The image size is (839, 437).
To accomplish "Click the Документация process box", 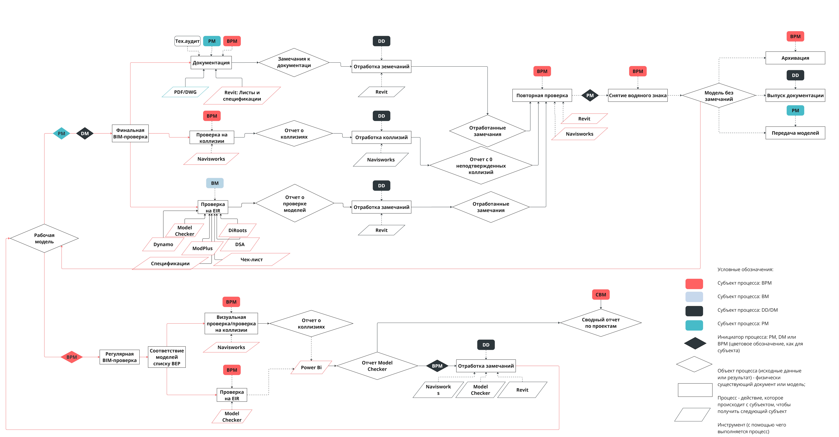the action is point(211,63).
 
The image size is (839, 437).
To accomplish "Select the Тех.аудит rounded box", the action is point(187,41).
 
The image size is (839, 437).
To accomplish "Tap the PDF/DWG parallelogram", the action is point(185,92).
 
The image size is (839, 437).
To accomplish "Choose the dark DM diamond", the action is point(85,133).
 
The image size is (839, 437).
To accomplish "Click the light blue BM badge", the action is point(215,183).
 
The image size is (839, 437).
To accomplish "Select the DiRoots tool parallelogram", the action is point(237,230).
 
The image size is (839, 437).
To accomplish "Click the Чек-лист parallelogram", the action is point(251,260).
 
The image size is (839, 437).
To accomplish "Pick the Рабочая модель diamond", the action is point(44,238).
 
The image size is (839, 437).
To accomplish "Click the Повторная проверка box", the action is point(542,95).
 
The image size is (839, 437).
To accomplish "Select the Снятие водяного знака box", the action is point(638,95).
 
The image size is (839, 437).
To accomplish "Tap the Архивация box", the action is point(795,58).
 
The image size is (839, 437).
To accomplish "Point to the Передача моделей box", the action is point(795,133).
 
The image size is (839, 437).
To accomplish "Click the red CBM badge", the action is point(601,295).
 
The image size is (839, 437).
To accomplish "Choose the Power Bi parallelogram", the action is point(311,367).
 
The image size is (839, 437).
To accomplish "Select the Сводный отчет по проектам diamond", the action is point(601,323).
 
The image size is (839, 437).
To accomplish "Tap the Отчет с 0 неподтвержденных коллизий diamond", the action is point(481,165).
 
